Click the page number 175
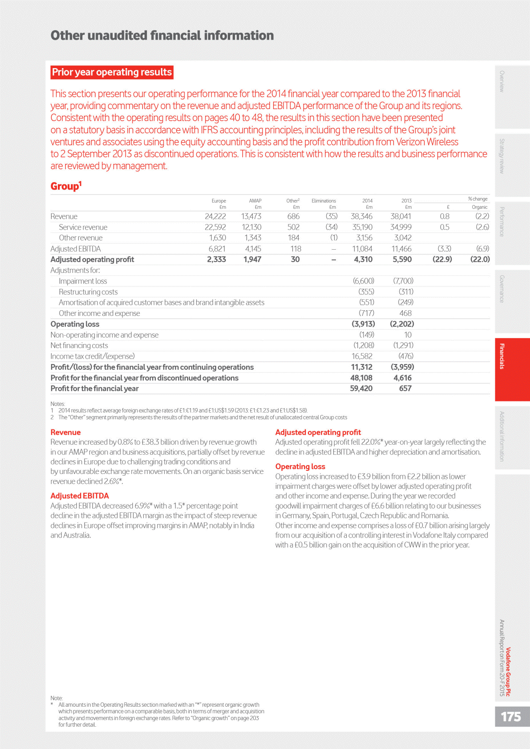tap(510, 717)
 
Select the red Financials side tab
tap(502, 356)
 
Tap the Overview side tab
tap(502, 81)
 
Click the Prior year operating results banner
tap(112, 72)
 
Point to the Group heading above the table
tap(66, 186)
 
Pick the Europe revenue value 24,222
tap(215, 217)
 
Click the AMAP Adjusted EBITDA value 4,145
tap(253, 249)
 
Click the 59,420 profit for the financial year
tap(361, 389)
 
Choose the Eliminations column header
tap(324, 201)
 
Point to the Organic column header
tap(479, 207)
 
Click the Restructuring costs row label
tap(88, 292)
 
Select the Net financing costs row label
tap(79, 345)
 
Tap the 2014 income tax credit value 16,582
tap(362, 356)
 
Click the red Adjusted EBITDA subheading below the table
tap(80, 496)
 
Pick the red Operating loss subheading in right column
tap(300, 466)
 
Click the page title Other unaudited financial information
tap(162, 36)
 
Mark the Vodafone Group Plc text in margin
tap(508, 672)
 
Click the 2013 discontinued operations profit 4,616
tap(402, 378)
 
